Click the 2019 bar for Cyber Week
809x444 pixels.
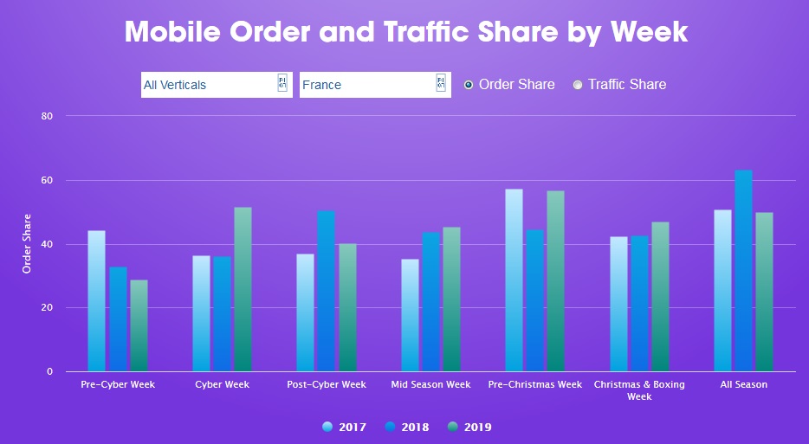coord(243,289)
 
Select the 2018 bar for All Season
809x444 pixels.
coord(744,271)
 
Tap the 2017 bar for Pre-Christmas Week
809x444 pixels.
coord(514,280)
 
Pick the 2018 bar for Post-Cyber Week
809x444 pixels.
coord(326,291)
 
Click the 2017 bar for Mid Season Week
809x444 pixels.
coord(410,315)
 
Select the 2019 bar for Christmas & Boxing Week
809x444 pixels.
coord(660,297)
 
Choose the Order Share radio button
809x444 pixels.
coord(469,85)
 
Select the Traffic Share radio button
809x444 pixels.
coord(578,85)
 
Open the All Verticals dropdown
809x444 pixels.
coord(217,85)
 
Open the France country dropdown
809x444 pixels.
coord(375,85)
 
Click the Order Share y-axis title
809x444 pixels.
coord(27,244)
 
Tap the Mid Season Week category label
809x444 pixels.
coord(430,384)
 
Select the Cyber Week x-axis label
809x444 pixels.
coord(222,384)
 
